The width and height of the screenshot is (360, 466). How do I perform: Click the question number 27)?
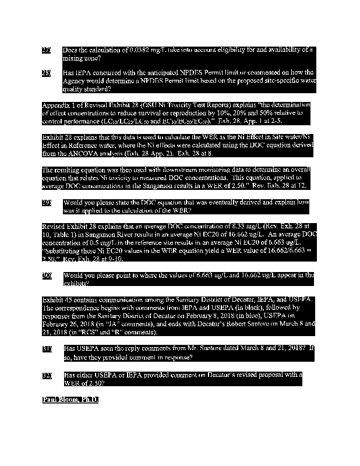point(47,51)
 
